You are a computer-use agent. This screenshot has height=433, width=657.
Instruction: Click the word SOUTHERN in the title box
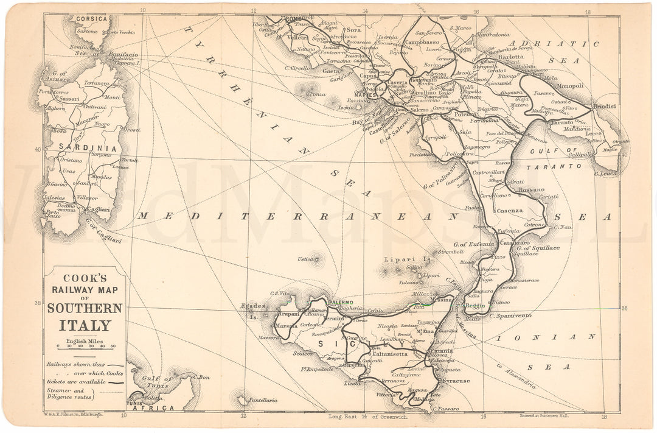tap(85, 308)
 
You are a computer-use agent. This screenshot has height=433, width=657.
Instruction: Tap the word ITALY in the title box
tap(85, 325)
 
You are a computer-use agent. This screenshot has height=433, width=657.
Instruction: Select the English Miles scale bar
tap(85, 348)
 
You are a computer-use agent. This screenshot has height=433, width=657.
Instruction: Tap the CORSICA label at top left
tap(92, 19)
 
